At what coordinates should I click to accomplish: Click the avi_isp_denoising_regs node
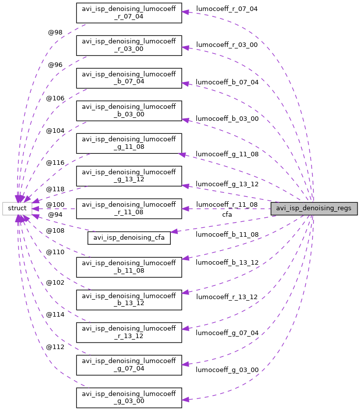click(314, 208)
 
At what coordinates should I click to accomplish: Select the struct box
click(17, 208)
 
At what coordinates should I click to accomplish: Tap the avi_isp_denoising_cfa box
click(129, 238)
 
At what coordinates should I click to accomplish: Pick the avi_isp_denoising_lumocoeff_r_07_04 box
click(129, 12)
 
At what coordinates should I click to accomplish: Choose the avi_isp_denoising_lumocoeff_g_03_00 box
click(129, 398)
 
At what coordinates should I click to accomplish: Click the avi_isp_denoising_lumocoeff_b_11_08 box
click(129, 267)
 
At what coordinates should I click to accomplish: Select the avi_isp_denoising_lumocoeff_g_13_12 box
click(129, 176)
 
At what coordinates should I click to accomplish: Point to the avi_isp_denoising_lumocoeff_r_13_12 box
click(129, 332)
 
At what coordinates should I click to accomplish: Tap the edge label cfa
click(227, 215)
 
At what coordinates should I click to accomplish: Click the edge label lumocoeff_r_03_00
click(227, 45)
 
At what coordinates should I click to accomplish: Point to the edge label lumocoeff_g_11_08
click(227, 154)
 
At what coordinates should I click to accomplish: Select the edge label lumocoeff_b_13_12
click(227, 263)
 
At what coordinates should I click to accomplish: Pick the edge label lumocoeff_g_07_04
click(227, 333)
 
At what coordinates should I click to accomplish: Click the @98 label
click(55, 32)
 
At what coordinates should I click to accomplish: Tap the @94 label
click(55, 215)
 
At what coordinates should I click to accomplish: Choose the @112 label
click(55, 347)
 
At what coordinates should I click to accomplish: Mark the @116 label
click(55, 163)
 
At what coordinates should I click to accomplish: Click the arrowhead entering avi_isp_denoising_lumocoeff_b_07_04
click(185, 83)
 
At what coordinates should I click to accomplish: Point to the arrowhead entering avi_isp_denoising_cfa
click(174, 232)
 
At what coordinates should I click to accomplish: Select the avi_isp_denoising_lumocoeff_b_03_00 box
click(129, 110)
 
